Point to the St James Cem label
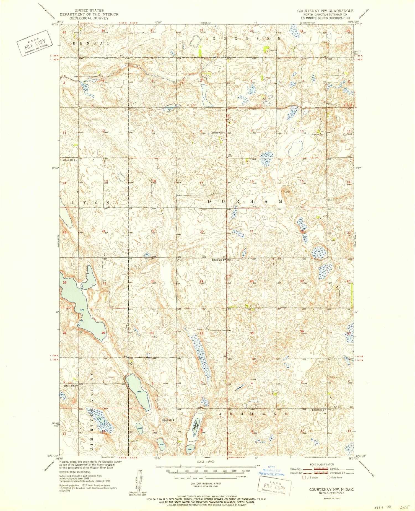point(318,134)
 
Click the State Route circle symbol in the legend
point(329,477)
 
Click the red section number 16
point(251,181)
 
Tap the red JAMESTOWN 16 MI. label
point(238,458)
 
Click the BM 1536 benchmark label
point(230,155)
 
